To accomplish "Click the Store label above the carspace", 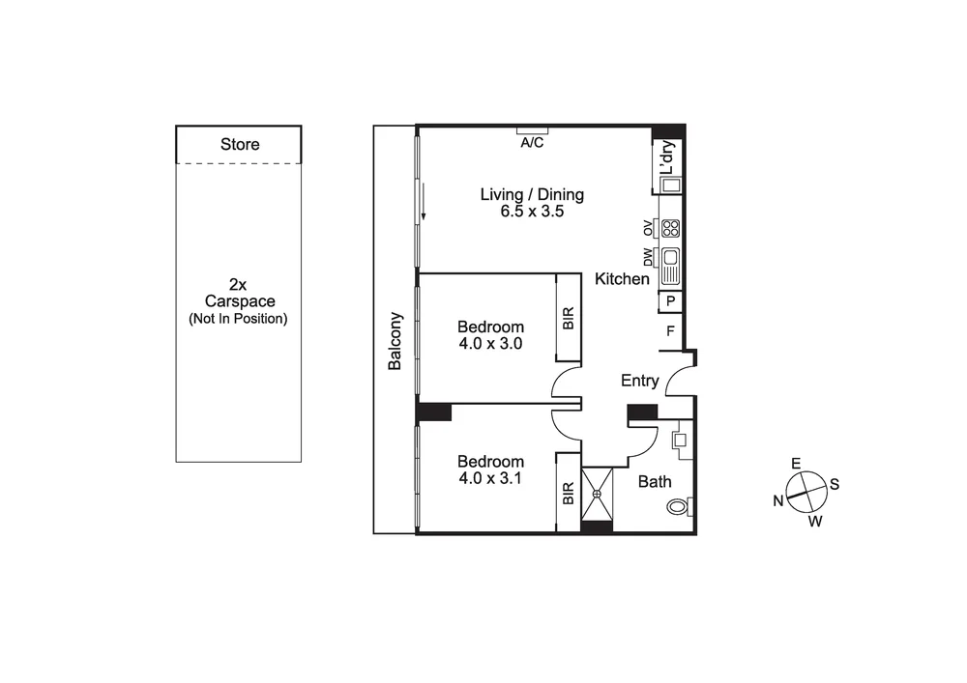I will point(240,145).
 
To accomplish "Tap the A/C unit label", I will point(532,143).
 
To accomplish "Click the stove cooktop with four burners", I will point(670,229).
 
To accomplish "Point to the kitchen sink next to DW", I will point(670,264).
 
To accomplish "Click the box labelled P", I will point(670,302).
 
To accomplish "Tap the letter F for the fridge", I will point(670,331).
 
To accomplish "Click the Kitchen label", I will point(622,279).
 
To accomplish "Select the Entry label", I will point(639,381).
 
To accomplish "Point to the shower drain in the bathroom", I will point(598,494).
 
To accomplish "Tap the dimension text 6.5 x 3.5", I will point(532,213).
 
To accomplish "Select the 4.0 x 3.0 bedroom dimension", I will point(490,343).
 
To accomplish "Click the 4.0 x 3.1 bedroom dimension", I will point(490,477).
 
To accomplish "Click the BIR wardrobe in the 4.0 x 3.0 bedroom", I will point(569,319).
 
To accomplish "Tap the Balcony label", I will point(395,340).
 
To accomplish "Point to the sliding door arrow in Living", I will point(423,205).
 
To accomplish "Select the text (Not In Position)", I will point(238,319).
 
